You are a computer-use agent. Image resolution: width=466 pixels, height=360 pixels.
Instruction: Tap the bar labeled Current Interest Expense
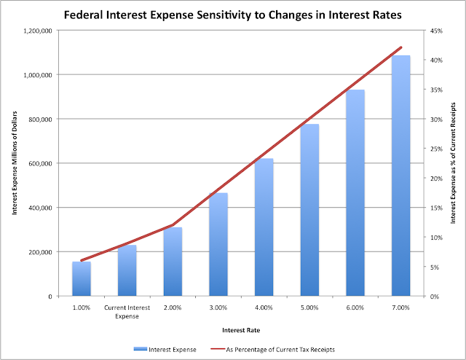point(127,270)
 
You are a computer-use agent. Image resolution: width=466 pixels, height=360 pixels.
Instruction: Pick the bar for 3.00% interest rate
point(218,244)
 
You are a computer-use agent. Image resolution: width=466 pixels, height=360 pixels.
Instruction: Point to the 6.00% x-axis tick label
point(355,308)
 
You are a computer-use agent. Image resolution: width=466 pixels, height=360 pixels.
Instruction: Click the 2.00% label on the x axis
point(173,308)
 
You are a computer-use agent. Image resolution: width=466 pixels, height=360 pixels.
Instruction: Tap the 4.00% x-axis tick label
point(264,308)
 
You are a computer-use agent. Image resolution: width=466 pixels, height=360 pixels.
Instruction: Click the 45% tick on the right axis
point(435,31)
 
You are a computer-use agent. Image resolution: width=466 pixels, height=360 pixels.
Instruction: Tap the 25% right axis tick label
point(435,149)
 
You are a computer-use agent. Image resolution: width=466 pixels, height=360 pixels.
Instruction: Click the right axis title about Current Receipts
point(453,163)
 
